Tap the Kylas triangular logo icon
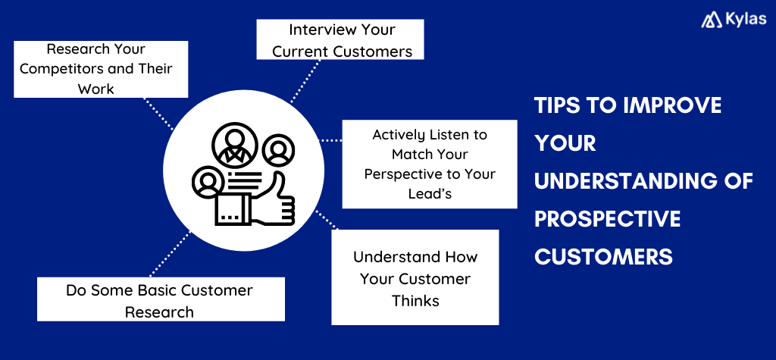tap(712, 20)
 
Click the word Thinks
tap(415, 300)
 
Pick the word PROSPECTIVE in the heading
tap(607, 219)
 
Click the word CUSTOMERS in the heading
tap(603, 257)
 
